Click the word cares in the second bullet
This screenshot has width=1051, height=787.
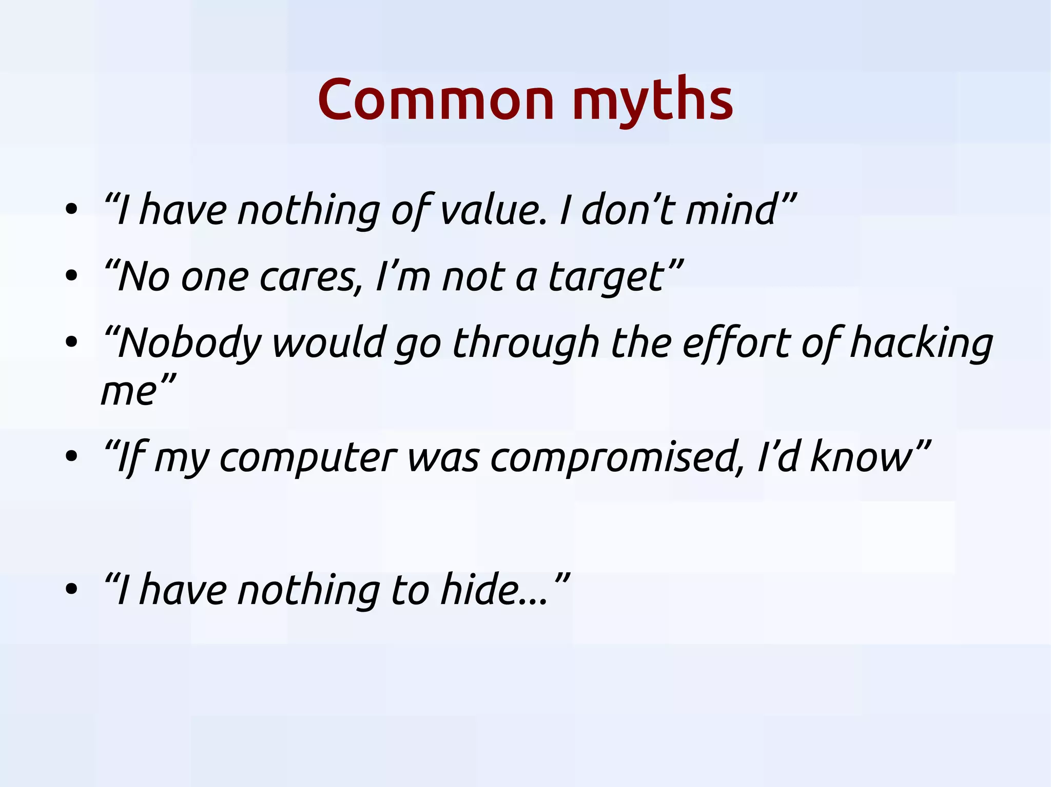tap(308, 277)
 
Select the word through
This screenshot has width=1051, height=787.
tap(526, 344)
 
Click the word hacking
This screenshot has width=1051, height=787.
tap(921, 344)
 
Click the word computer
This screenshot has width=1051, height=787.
tap(308, 458)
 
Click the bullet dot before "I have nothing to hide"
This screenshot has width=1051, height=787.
tap(71, 589)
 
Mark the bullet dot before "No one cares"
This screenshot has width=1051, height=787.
tap(71, 276)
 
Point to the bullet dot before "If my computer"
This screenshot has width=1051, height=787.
tap(71, 456)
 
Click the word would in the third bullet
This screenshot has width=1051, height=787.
tap(328, 344)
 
